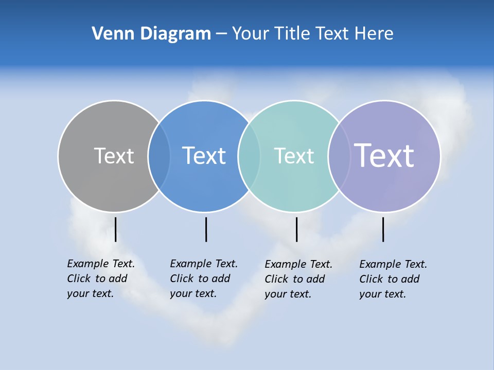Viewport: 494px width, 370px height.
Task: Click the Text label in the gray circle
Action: tap(114, 156)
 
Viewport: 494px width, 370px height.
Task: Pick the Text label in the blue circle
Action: tap(204, 156)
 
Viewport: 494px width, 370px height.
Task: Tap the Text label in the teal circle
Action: tap(294, 156)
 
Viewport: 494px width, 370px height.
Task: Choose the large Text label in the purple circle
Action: tap(384, 156)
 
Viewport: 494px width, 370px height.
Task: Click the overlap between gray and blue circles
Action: tap(159, 156)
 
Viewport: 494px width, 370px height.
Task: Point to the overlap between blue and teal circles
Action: tap(249, 156)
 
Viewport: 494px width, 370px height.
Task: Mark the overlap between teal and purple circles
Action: tap(339, 156)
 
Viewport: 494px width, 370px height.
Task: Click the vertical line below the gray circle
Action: tap(116, 229)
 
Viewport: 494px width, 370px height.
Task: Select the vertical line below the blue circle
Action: tap(206, 229)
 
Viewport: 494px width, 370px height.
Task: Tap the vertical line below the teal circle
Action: tap(296, 229)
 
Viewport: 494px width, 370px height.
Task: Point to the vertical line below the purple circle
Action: tap(383, 229)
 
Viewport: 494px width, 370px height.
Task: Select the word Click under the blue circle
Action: tap(182, 279)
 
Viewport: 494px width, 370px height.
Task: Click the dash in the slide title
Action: tap(221, 34)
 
